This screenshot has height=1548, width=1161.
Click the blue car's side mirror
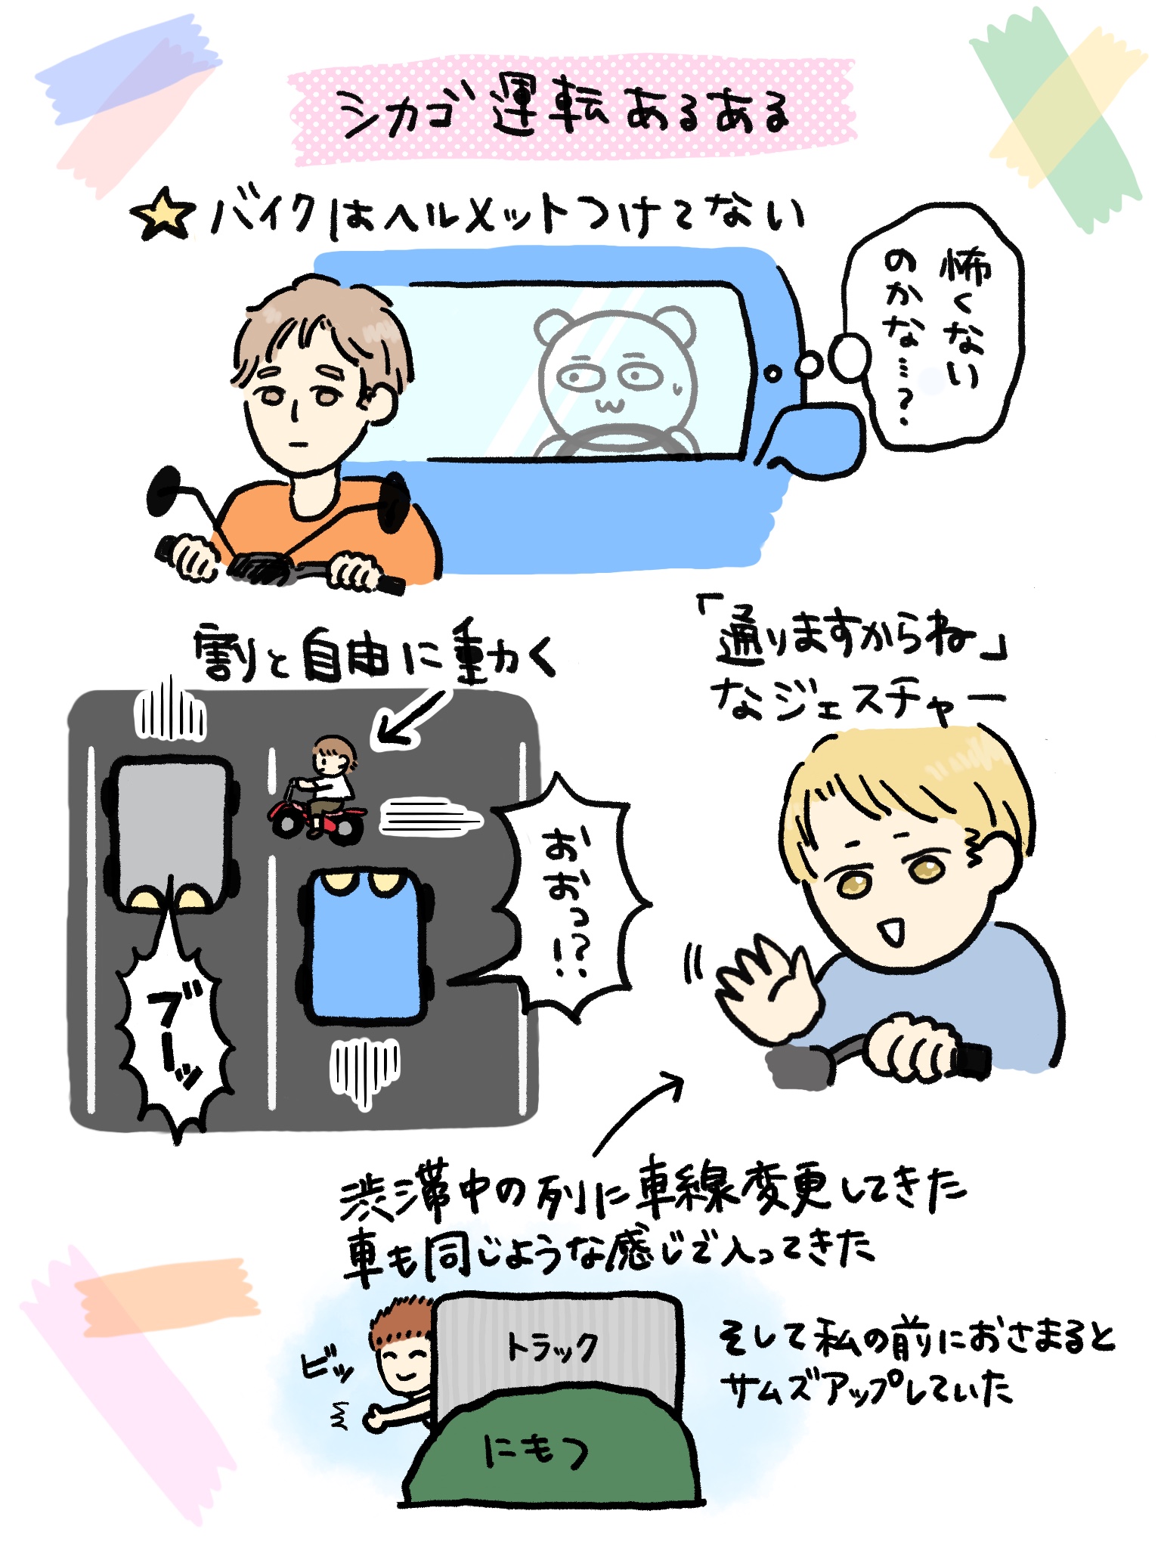[819, 439]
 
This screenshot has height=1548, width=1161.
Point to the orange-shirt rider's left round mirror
[164, 491]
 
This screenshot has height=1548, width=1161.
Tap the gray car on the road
[172, 832]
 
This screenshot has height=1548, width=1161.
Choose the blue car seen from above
[367, 946]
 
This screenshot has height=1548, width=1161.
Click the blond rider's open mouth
[893, 930]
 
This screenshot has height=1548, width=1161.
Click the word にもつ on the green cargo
[537, 1451]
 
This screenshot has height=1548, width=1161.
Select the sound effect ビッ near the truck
[327, 1367]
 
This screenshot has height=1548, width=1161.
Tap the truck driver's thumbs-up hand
[376, 1417]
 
